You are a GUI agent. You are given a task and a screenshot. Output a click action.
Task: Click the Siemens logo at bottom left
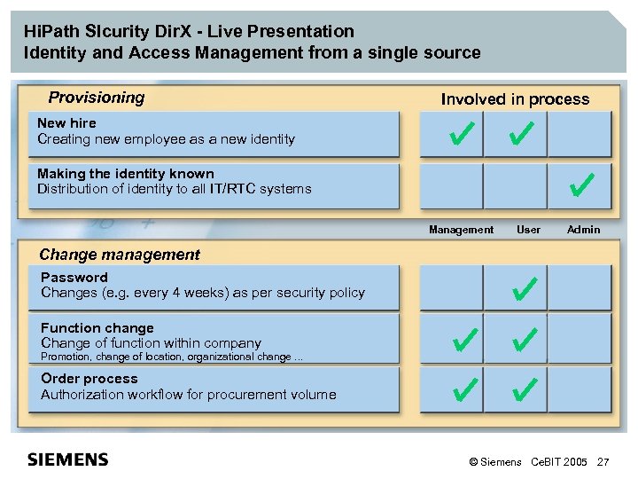(68, 459)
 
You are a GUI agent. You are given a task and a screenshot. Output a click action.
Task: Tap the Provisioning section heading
(96, 98)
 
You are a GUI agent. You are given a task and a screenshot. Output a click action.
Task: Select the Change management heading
(120, 255)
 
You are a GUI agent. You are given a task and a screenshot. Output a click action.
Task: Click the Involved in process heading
(515, 99)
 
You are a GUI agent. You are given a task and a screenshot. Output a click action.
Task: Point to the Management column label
(461, 230)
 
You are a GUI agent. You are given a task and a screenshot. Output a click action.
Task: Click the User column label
(528, 230)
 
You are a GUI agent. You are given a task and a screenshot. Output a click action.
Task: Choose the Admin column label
(583, 230)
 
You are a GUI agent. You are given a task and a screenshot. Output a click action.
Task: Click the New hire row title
(66, 123)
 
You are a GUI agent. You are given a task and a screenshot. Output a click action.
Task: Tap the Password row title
(74, 278)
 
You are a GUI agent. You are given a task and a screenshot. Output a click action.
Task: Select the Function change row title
(97, 328)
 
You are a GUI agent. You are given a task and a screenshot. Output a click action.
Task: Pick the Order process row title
(89, 379)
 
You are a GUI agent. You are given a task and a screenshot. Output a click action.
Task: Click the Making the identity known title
(126, 174)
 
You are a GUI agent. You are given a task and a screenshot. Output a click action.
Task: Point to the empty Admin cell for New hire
(580, 135)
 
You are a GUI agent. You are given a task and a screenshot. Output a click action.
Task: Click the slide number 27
(603, 462)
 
